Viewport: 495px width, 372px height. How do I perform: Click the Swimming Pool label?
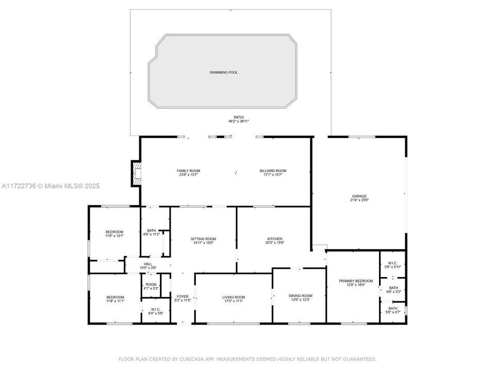coord(224,72)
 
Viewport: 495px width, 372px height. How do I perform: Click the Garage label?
coord(359,196)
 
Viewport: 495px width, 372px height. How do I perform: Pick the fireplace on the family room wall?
coord(136,173)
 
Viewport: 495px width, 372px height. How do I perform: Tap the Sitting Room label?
coord(203,239)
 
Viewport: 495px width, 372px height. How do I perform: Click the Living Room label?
coord(234,297)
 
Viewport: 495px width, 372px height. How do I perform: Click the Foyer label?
coord(183,297)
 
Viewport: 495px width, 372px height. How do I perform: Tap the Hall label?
coord(148,264)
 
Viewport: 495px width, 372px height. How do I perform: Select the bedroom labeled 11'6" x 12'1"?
coord(114,231)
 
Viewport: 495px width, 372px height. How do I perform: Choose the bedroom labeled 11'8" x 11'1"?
coord(115,297)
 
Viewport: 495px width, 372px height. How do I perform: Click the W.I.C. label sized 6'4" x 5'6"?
coord(156,310)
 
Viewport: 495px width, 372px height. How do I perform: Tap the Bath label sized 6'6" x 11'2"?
coord(151,230)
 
